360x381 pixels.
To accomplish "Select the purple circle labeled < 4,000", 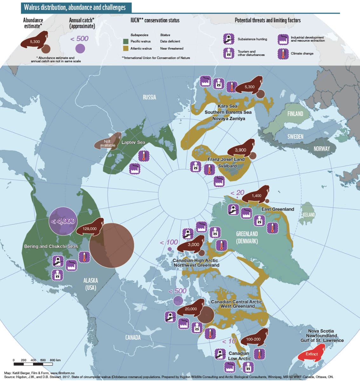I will (x=63, y=221).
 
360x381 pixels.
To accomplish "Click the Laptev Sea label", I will (x=133, y=142).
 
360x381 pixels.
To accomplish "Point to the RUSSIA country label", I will (x=149, y=97).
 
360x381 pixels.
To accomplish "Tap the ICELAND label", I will (x=309, y=214).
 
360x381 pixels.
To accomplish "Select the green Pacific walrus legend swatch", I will (x=126, y=41).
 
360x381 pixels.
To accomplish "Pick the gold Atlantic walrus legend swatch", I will (x=126, y=48).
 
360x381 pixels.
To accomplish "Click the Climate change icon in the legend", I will (x=282, y=53).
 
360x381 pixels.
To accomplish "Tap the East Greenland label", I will (x=277, y=209).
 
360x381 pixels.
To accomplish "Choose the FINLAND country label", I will (x=295, y=114).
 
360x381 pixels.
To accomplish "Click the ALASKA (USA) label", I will (x=90, y=284).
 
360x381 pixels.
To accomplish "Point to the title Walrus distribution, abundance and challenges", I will (x=75, y=7).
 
